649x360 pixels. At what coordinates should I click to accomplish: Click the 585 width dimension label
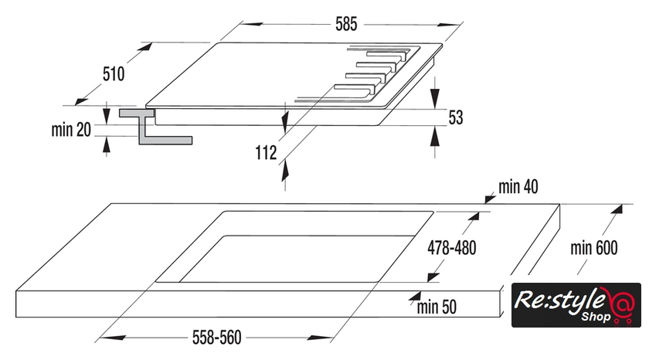[345, 24]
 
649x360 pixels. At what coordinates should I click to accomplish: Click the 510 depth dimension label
[114, 74]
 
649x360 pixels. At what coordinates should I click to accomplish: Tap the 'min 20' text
[71, 130]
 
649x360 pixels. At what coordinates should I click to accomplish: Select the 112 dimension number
[265, 153]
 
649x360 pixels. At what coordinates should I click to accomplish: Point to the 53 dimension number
[456, 117]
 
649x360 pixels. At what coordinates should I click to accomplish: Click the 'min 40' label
[518, 186]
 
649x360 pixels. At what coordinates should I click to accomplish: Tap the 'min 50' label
[437, 307]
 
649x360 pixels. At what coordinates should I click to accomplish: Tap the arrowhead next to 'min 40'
[488, 199]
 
